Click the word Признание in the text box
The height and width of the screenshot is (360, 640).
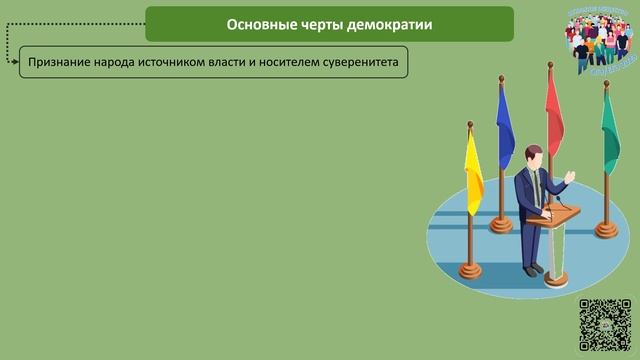(x=60, y=63)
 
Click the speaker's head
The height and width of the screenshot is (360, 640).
(x=533, y=155)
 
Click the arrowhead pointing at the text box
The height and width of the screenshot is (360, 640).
(x=16, y=63)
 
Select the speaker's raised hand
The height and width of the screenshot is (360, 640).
(x=570, y=178)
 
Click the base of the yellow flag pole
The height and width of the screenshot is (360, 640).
(x=470, y=271)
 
